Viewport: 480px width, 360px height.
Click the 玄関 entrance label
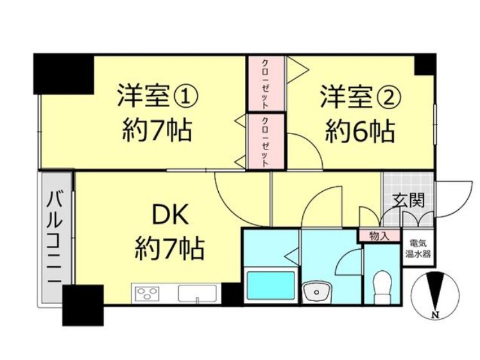tap(408, 201)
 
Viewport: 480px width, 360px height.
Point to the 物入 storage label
tap(379, 236)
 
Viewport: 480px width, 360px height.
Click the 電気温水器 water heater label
tap(418, 248)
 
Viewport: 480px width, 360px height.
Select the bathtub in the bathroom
tap(271, 285)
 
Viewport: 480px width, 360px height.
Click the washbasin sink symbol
tap(316, 293)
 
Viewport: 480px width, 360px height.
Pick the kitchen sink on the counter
tap(198, 294)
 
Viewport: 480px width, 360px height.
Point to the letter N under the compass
tap(434, 314)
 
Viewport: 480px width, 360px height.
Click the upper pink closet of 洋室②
tap(266, 83)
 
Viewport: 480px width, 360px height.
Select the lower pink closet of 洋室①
tap(266, 141)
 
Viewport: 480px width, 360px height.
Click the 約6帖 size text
tap(359, 132)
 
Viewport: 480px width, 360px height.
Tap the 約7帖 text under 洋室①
tap(157, 130)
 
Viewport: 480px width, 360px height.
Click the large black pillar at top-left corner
tap(64, 74)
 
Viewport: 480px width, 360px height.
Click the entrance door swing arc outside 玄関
tap(459, 200)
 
